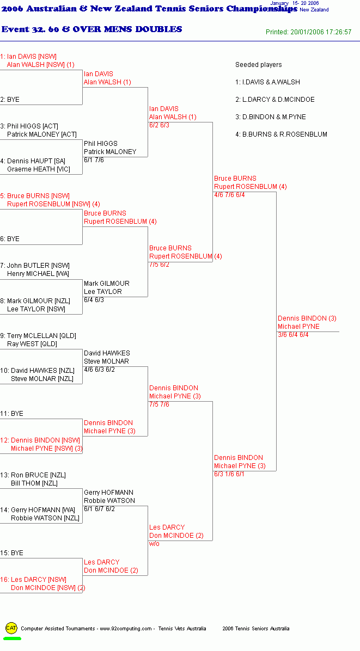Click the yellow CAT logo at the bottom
click(x=11, y=628)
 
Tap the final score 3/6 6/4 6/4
click(x=293, y=335)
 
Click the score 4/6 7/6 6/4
click(x=230, y=195)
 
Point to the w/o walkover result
click(x=155, y=544)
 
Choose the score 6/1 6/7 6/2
click(x=99, y=509)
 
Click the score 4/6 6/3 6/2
click(x=99, y=370)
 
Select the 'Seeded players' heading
click(x=259, y=65)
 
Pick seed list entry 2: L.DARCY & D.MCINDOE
click(x=275, y=100)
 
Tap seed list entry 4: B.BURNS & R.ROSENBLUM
click(x=281, y=134)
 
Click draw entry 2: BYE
click(x=10, y=100)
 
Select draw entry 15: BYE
click(x=11, y=553)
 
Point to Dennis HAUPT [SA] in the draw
click(x=36, y=161)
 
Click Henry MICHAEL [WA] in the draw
click(x=38, y=274)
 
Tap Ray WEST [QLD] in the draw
click(x=32, y=344)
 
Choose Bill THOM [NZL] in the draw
click(x=34, y=484)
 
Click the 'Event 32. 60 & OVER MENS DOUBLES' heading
click(x=91, y=29)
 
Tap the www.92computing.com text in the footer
click(x=126, y=629)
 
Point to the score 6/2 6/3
click(x=160, y=125)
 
